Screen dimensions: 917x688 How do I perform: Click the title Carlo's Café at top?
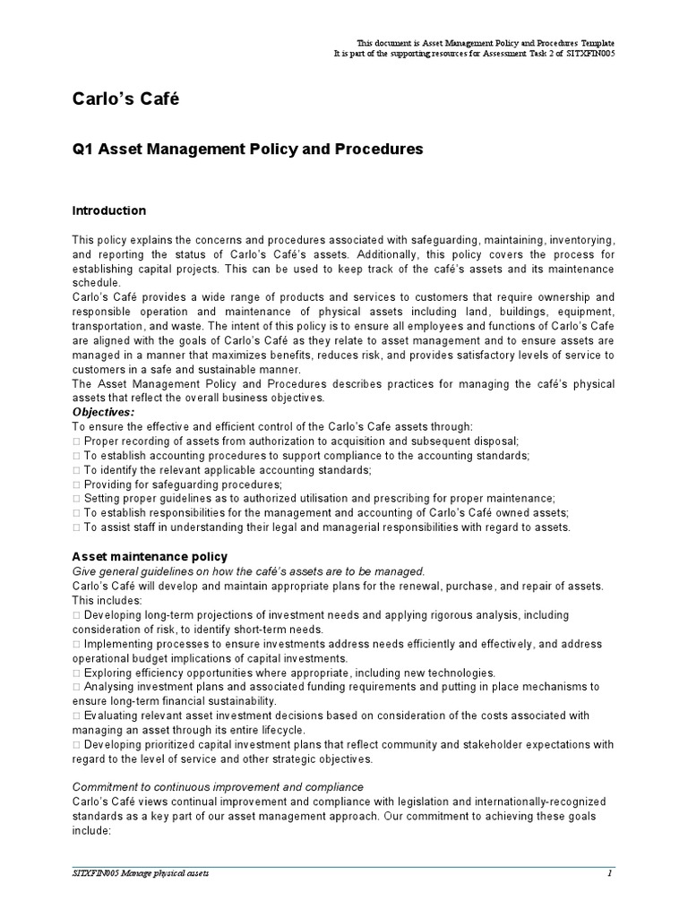click(x=125, y=99)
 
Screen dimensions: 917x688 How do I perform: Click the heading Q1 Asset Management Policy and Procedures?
click(x=246, y=149)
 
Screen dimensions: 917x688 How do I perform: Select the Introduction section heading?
click(x=108, y=211)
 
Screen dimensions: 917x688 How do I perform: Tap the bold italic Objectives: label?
click(x=103, y=412)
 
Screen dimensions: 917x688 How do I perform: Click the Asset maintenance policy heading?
click(x=150, y=557)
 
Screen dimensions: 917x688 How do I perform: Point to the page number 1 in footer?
click(x=609, y=873)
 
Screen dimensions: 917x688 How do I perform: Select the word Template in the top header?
click(x=592, y=43)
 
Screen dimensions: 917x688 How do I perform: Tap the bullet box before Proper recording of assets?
click(x=76, y=441)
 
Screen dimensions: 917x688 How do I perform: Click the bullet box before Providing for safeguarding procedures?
click(x=76, y=484)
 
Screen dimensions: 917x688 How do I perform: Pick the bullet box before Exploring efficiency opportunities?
click(x=76, y=673)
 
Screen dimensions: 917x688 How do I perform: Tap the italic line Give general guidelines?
click(x=247, y=571)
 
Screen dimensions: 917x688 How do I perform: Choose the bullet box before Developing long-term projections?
click(x=76, y=615)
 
